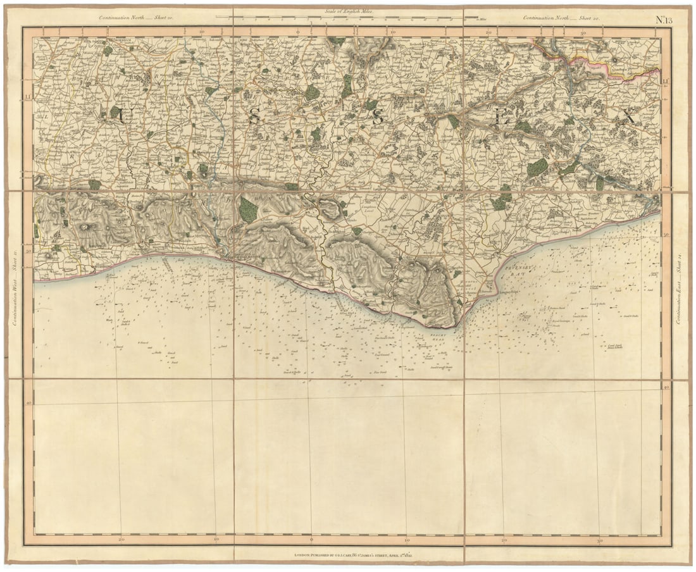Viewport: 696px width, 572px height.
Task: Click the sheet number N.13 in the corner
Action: [x=663, y=18]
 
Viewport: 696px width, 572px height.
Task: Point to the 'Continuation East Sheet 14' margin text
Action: [x=680, y=290]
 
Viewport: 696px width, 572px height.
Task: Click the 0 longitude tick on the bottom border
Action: [x=313, y=540]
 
